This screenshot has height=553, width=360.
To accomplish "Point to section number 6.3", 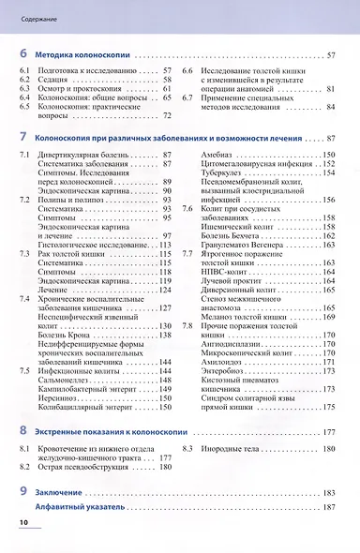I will (25, 89).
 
